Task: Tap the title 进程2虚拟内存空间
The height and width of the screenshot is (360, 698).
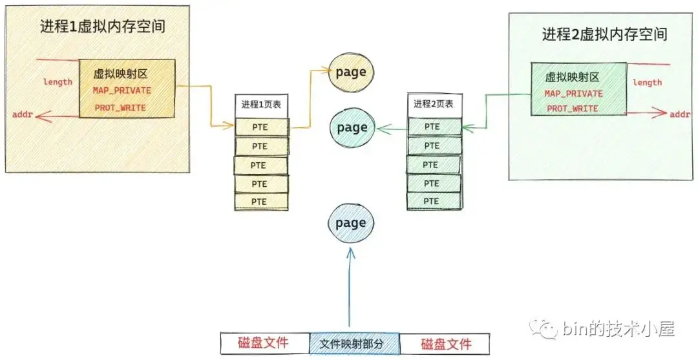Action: [x=604, y=34]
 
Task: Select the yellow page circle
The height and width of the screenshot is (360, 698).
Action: [x=352, y=73]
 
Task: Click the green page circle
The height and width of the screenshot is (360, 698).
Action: [x=352, y=128]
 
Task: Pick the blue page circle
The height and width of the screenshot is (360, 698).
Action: [x=352, y=224]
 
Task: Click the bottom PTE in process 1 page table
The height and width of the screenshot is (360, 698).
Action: [x=260, y=202]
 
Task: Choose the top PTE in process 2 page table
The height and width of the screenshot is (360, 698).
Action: [x=433, y=127]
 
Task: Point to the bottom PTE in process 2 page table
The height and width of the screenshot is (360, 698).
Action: [x=433, y=201]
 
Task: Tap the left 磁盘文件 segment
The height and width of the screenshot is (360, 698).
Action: [x=264, y=343]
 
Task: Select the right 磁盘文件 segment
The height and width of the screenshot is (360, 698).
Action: [x=446, y=343]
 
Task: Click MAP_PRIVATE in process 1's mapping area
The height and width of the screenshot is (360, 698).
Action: [x=122, y=91]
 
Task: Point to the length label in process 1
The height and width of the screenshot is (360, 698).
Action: [x=58, y=82]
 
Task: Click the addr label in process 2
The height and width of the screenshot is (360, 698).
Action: [x=679, y=114]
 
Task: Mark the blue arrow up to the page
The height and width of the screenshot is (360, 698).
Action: [x=350, y=291]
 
